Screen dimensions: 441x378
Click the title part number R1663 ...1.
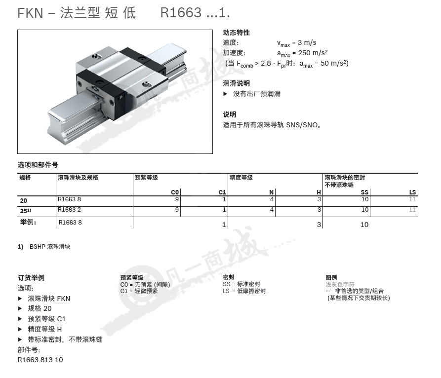[195, 13]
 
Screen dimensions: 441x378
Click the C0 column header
[175, 192]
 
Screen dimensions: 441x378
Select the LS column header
[412, 192]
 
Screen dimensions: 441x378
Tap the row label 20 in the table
[24, 201]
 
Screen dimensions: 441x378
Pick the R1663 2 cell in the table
[69, 210]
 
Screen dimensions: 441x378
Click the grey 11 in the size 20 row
[412, 199]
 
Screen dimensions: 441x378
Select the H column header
[319, 192]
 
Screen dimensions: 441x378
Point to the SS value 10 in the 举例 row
[364, 225]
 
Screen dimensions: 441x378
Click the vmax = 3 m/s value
[296, 43]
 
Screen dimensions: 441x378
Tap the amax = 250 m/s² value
[302, 53]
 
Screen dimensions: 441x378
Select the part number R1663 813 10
[40, 360]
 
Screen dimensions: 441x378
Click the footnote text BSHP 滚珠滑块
[50, 246]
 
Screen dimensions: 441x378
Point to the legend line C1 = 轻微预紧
[139, 291]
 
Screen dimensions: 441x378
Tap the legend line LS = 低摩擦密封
[244, 291]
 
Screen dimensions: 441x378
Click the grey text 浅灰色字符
[340, 284]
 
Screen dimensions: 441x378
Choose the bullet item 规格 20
[40, 308]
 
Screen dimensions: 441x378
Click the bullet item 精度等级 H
[45, 329]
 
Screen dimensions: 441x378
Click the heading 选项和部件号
[38, 165]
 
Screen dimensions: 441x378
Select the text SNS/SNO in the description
[302, 125]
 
